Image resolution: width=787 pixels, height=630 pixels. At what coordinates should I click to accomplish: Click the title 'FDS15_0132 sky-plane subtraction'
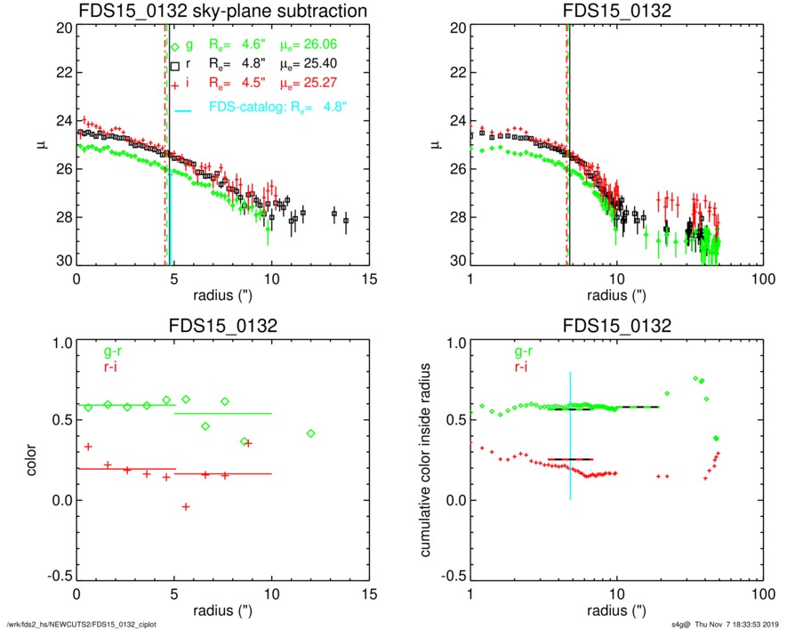[x=223, y=11]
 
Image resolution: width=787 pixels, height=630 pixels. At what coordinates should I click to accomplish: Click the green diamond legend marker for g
[x=176, y=45]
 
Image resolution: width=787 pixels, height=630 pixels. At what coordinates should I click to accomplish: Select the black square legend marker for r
[x=176, y=66]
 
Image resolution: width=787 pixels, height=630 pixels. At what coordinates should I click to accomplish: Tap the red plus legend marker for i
[x=176, y=85]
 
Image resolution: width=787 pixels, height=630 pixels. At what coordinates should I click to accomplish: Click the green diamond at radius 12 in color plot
[x=310, y=433]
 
